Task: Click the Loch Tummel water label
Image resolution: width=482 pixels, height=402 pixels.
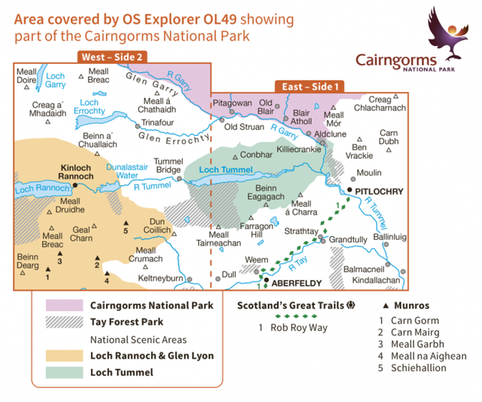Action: coord(225,170)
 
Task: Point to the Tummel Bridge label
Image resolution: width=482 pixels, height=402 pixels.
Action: coord(167,165)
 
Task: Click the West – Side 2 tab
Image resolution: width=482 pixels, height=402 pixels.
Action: coord(111,57)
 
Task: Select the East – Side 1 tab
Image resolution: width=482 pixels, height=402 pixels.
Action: coord(310,87)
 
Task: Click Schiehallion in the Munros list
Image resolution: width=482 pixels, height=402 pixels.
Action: coord(418,368)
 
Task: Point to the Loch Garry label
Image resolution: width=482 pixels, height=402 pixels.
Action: coord(55,80)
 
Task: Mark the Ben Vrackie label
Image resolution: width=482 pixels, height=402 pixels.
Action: coord(359,152)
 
